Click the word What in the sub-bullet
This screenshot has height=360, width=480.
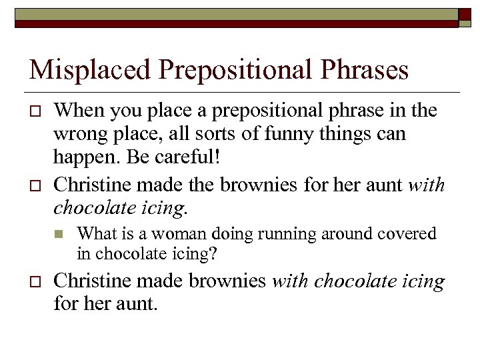(x=93, y=234)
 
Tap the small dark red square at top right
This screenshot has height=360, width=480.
(x=465, y=14)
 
